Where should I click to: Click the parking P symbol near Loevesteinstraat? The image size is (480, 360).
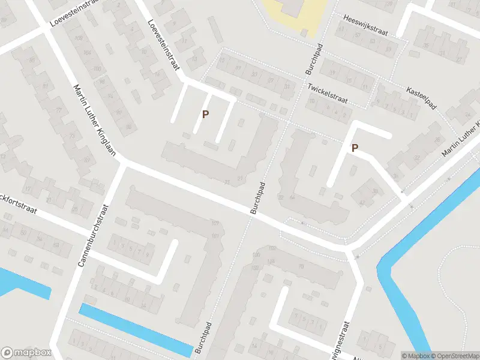click(x=205, y=114)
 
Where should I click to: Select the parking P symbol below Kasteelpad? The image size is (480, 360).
click(x=355, y=148)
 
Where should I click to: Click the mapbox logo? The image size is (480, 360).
click(x=26, y=353)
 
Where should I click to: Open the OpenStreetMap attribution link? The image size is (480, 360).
click(x=453, y=356)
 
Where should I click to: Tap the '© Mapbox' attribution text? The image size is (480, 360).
click(x=415, y=356)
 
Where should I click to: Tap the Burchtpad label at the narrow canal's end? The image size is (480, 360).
click(x=205, y=340)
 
